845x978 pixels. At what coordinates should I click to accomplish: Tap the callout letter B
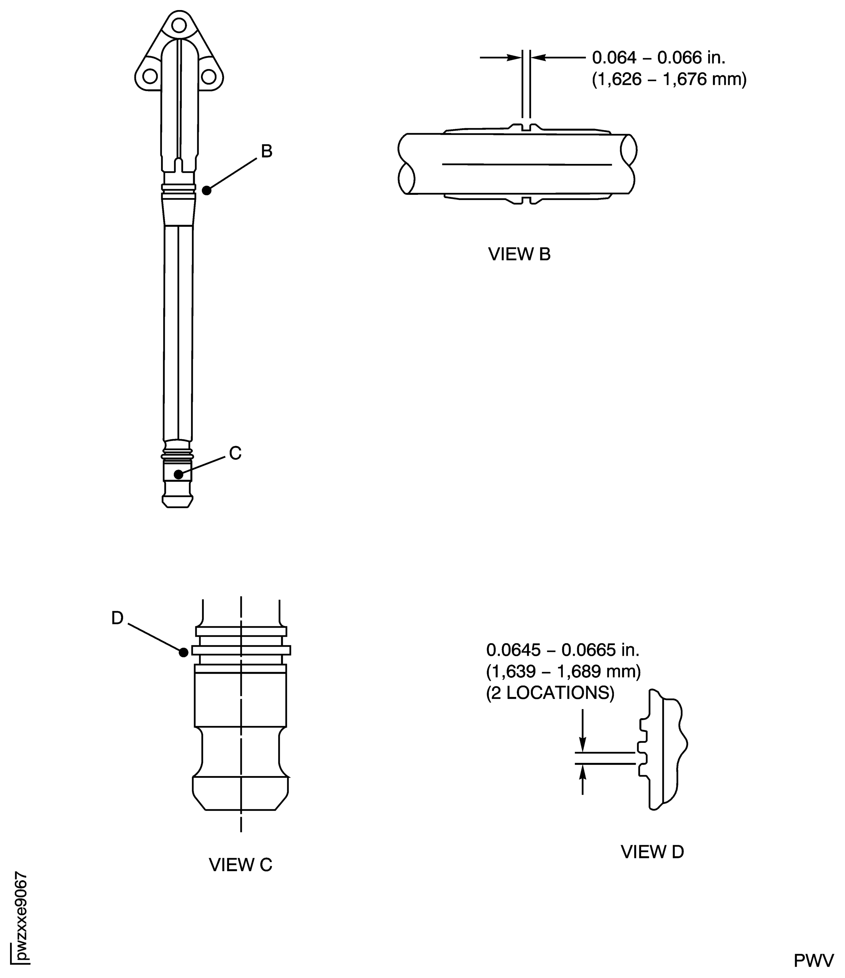(x=267, y=152)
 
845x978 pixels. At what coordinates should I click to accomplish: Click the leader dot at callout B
(x=207, y=191)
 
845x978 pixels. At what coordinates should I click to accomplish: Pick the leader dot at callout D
(x=184, y=652)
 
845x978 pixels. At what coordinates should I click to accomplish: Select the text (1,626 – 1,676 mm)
(x=669, y=79)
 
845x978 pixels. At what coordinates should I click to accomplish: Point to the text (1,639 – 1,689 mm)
(x=563, y=672)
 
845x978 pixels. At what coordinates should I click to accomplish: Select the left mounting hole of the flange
(x=150, y=76)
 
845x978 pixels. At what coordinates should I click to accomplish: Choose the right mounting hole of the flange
(x=208, y=76)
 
